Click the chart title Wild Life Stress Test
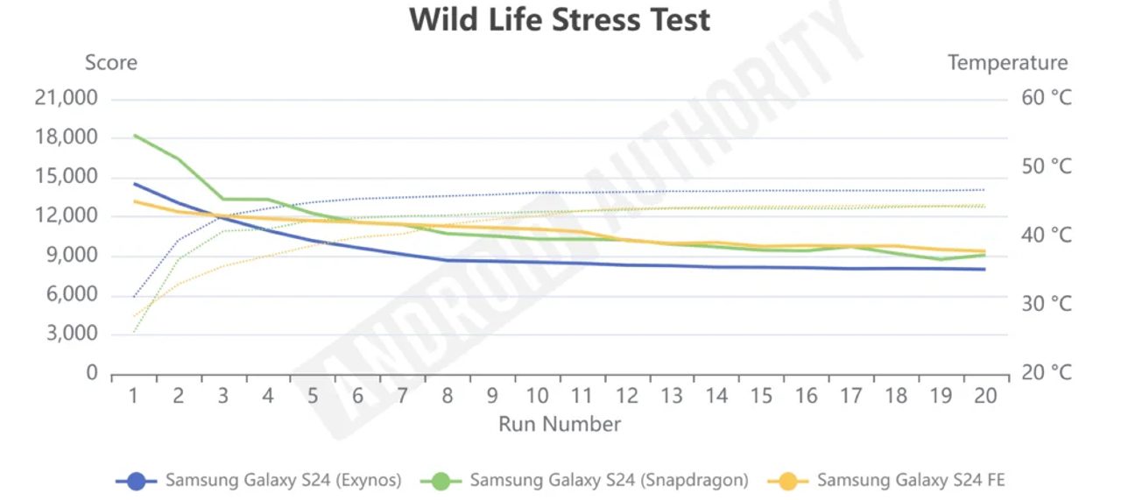click(560, 19)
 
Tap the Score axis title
click(111, 63)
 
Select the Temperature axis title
click(1007, 63)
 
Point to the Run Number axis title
click(560, 425)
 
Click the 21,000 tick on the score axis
click(67, 98)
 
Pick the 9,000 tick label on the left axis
click(72, 256)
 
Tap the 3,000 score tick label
click(72, 334)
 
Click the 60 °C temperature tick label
click(1046, 98)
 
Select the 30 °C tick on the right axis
click(1046, 304)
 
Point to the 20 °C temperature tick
click(1046, 373)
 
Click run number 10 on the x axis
click(538, 396)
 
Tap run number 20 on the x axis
click(985, 396)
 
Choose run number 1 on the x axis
click(134, 396)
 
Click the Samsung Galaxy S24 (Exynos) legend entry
click(259, 480)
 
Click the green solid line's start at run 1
click(134, 135)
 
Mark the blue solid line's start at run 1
click(134, 184)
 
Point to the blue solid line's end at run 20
click(985, 269)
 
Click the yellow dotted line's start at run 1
click(134, 316)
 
